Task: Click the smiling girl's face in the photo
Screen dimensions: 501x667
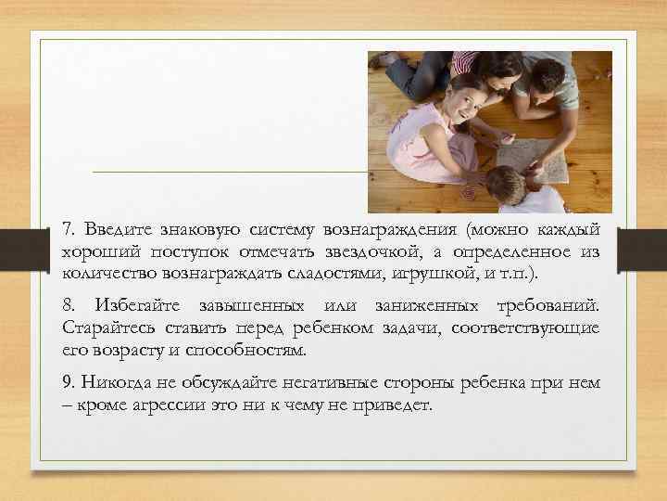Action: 460,101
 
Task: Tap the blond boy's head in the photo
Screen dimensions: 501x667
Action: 506,186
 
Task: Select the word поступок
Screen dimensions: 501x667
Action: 171,253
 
